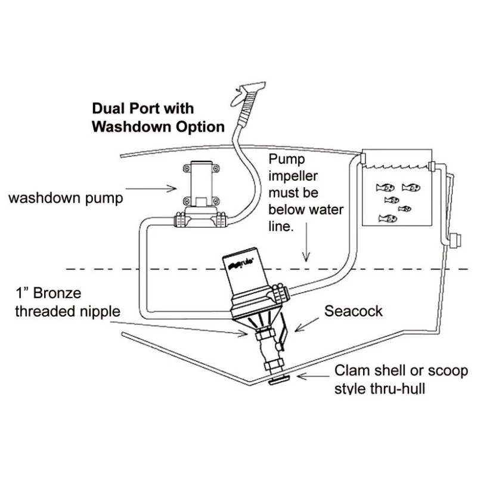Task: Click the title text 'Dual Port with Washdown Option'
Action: (157, 118)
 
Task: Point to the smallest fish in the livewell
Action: (405, 209)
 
